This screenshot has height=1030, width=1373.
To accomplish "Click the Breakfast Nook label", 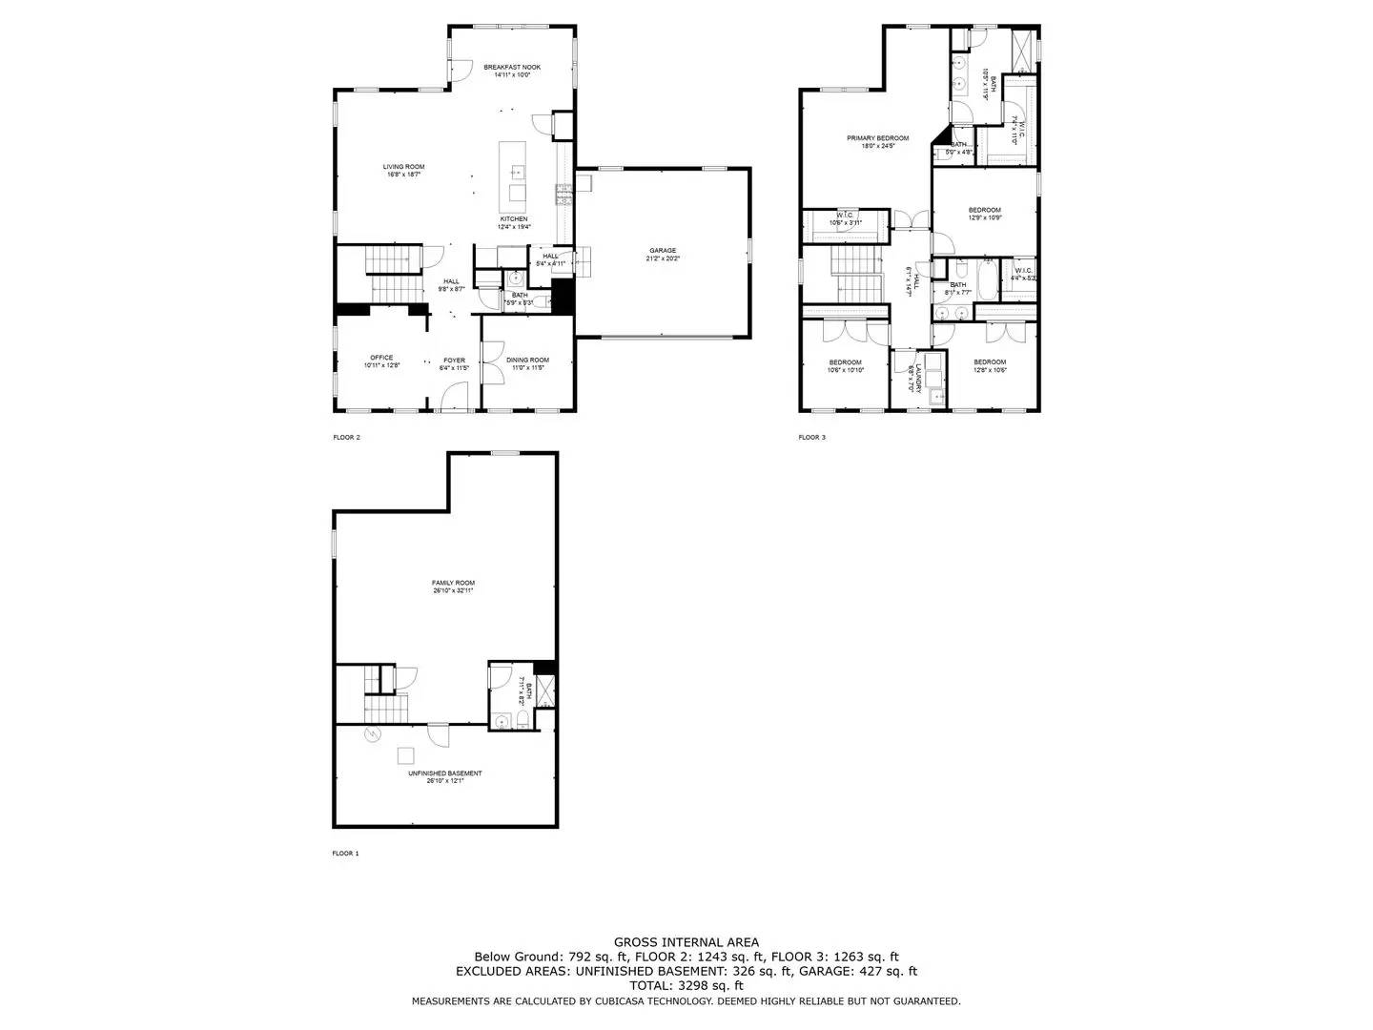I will [512, 68].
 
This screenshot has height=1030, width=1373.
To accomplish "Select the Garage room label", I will [663, 251].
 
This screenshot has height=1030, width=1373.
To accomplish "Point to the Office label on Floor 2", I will [381, 359].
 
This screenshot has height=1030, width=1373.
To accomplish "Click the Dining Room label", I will [527, 360].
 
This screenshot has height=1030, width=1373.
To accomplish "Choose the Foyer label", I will [454, 360].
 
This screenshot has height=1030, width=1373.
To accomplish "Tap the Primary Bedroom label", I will [877, 139].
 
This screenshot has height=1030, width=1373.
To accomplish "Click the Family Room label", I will [453, 584].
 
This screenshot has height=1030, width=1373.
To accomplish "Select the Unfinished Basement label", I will [445, 774].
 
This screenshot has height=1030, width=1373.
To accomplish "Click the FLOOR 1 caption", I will [345, 854].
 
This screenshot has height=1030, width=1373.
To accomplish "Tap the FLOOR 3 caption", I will [812, 438].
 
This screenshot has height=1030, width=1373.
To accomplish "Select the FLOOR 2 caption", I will [346, 438].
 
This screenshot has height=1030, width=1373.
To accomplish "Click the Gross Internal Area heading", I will [686, 942].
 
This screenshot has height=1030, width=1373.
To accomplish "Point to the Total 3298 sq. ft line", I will [686, 985].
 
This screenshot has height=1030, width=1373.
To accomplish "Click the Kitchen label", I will [513, 220].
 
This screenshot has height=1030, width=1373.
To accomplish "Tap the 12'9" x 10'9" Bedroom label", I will [985, 211].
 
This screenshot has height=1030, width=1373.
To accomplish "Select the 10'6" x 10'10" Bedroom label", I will [846, 363].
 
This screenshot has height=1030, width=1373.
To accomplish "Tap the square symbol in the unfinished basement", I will [406, 755].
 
